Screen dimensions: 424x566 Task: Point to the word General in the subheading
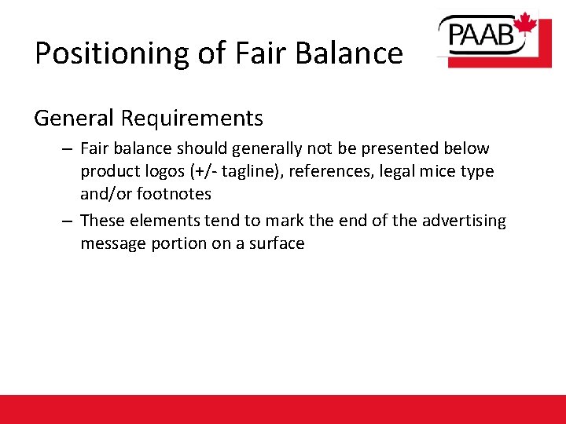[x=74, y=119]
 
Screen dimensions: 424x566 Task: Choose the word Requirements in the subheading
[x=192, y=119]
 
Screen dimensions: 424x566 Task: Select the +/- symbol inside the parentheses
[x=201, y=171]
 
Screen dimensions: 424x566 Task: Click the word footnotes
[x=174, y=193]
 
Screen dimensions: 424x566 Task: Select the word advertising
[x=464, y=221]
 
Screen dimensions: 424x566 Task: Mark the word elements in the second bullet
[x=164, y=221]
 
